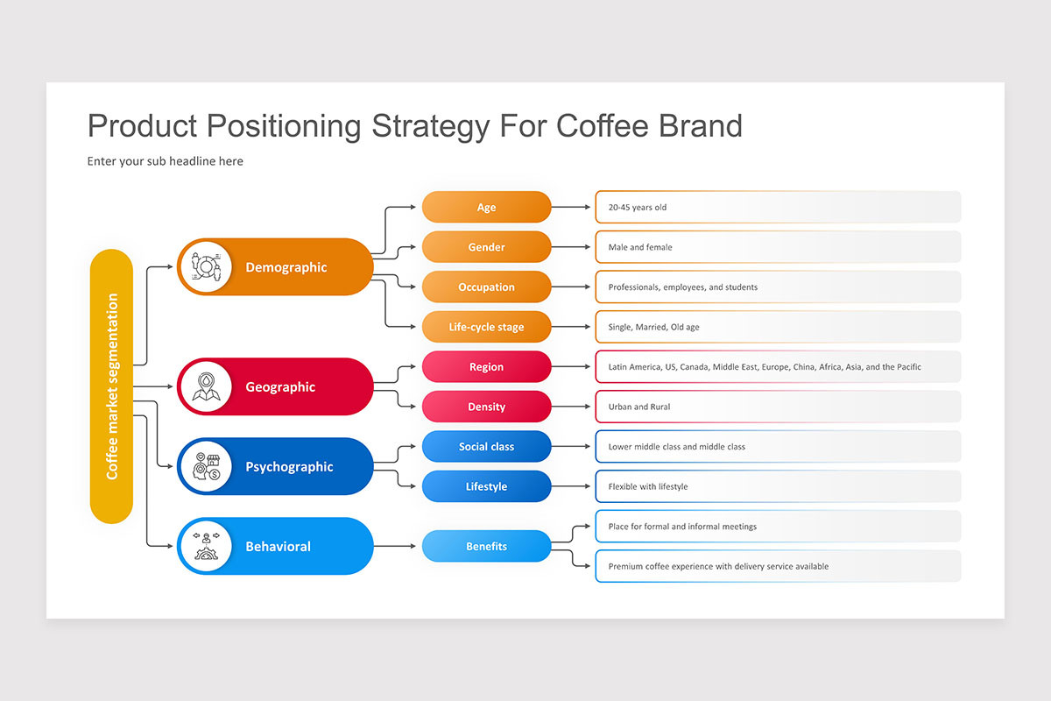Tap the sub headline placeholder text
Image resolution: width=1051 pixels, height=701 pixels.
[166, 161]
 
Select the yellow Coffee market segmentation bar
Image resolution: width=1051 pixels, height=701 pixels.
[112, 386]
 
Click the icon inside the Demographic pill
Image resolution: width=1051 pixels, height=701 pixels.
[206, 266]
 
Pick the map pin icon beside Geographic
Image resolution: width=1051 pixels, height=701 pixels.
[206, 386]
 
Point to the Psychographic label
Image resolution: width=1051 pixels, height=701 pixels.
[290, 467]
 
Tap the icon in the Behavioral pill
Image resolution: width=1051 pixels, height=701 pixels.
[206, 546]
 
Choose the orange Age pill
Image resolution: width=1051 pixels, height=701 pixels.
[487, 207]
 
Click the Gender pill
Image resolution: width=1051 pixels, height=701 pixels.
[487, 247]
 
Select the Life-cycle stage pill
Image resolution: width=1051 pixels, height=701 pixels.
[487, 327]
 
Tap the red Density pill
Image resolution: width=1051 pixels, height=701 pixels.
[487, 407]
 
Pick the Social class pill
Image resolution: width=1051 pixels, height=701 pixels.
[487, 447]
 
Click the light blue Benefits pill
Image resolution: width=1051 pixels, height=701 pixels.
[487, 546]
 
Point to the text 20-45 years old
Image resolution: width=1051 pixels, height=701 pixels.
[638, 208]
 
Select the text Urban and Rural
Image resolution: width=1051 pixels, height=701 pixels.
[639, 407]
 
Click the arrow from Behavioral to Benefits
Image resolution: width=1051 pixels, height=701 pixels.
[395, 546]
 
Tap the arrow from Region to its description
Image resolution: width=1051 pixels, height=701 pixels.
[570, 366]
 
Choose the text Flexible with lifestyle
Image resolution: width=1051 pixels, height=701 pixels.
[648, 487]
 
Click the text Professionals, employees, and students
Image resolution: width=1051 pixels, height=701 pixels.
[682, 287]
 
